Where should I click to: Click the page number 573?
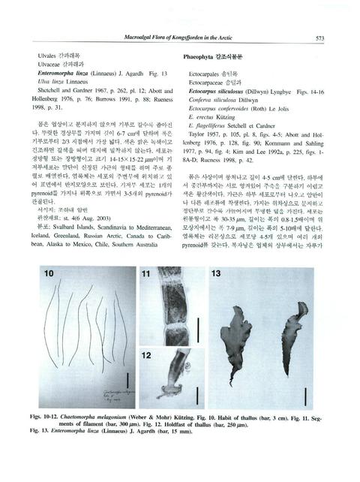point(319,38)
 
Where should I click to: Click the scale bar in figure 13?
point(307,393)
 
